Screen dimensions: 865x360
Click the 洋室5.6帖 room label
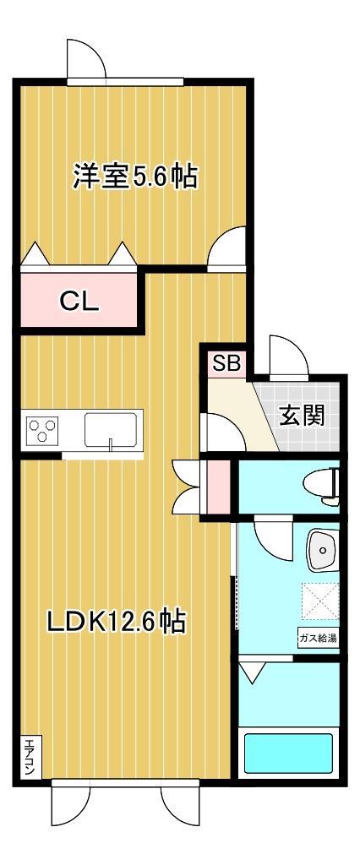coord(134,177)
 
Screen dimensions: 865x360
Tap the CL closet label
coord(79,300)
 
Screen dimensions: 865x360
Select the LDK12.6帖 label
coord(116,623)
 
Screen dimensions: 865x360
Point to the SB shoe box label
coord(226,364)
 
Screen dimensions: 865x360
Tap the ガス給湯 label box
coord(317,637)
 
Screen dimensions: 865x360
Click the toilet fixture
coord(325,487)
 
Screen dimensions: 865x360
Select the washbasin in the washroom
coord(322,552)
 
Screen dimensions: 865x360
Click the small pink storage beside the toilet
coord(217,486)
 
